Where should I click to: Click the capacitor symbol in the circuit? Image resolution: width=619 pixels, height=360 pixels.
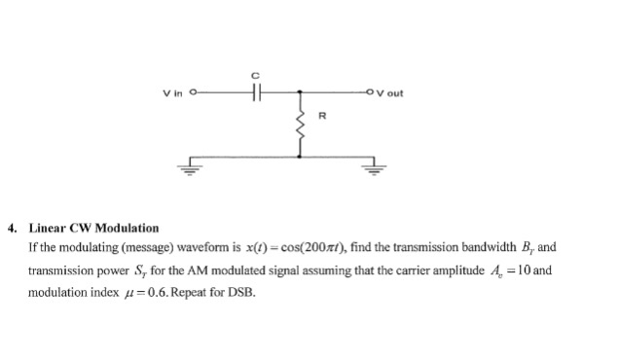click(256, 93)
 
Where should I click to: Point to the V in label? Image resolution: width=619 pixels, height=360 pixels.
click(173, 93)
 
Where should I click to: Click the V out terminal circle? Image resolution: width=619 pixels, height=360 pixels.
click(371, 93)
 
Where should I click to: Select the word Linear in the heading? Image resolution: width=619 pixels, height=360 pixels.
click(47, 228)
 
